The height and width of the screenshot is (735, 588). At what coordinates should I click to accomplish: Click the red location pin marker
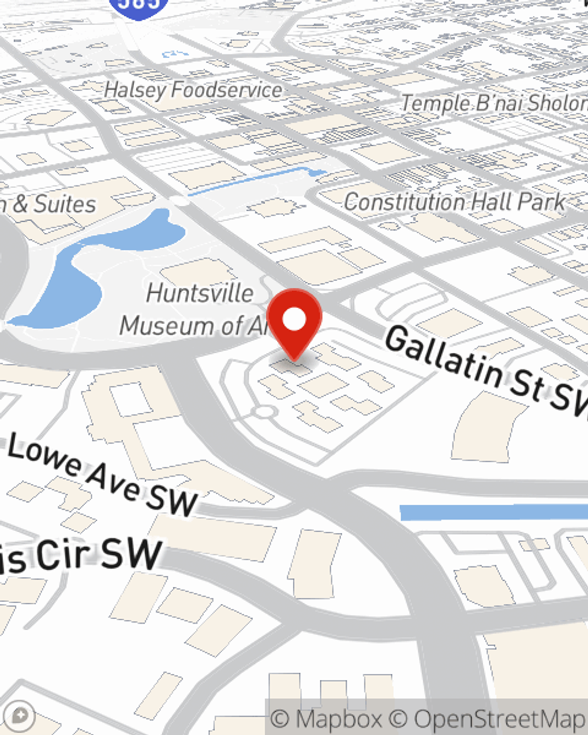pos(294,320)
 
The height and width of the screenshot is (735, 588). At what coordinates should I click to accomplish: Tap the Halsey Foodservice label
pos(193,90)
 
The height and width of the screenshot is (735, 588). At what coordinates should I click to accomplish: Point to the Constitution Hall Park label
pos(454,202)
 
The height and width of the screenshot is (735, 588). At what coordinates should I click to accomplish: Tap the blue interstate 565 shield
pos(139,6)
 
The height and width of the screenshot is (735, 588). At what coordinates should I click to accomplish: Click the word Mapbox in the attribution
pos(339,719)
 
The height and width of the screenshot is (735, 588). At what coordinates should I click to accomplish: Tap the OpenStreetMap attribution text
pos(500,719)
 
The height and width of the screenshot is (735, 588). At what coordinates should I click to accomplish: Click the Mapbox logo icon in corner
pos(20,716)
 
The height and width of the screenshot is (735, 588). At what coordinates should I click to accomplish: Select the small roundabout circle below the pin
pos(264,412)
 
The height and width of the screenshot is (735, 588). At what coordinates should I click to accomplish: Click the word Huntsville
pos(200,293)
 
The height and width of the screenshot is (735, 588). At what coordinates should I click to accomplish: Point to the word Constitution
pos(397,202)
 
